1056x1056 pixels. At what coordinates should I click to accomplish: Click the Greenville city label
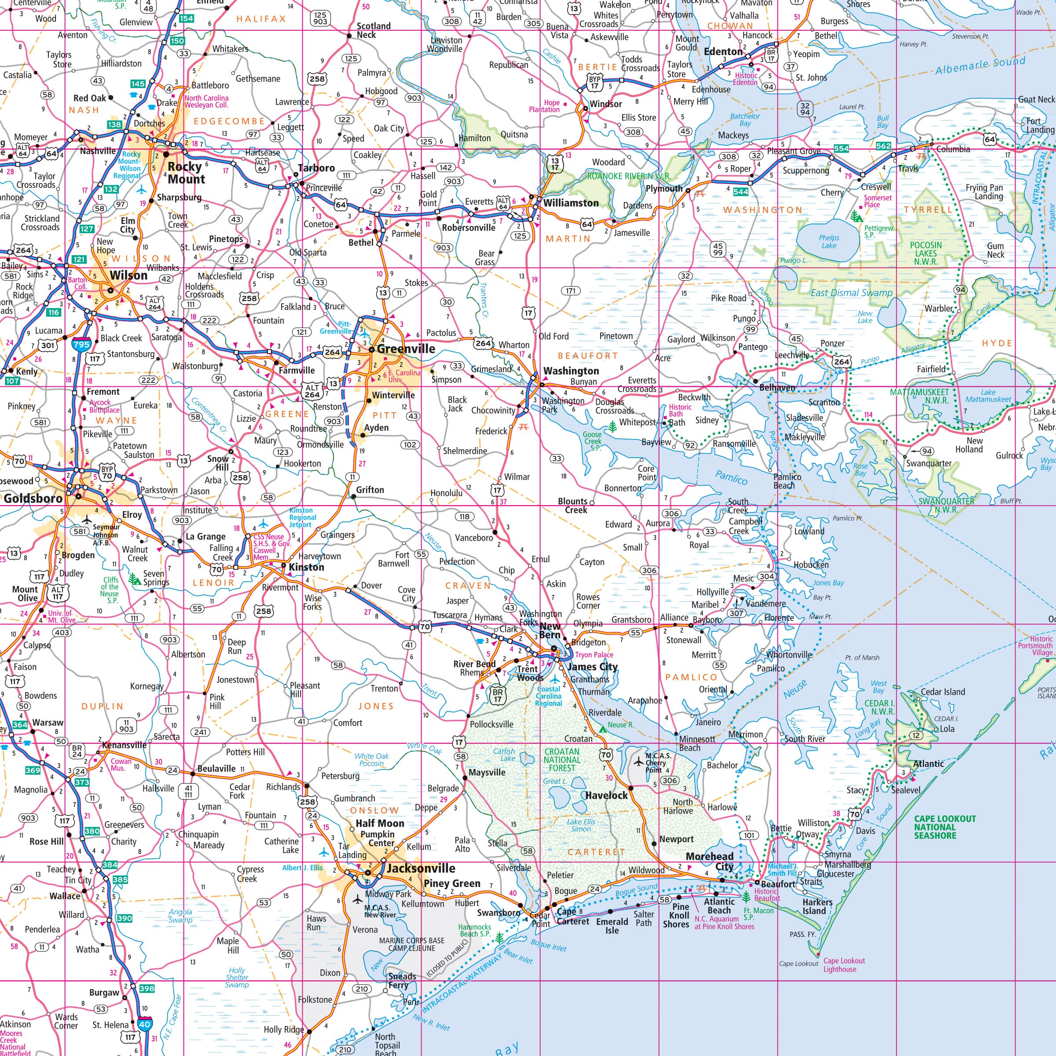pos(406,349)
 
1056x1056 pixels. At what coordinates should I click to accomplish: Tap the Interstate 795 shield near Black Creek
pos(81,345)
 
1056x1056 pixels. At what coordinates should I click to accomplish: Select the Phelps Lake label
pos(829,241)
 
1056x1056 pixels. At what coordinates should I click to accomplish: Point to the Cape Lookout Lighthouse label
pos(844,965)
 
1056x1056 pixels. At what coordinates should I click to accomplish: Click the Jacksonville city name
pos(421,868)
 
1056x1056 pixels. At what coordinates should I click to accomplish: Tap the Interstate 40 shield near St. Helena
pos(144,1024)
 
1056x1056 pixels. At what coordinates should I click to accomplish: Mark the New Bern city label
pos(550,630)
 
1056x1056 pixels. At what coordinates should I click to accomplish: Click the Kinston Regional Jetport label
pos(303,517)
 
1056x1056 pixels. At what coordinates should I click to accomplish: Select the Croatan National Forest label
pos(562,760)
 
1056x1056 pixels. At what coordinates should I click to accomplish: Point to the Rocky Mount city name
pos(185,173)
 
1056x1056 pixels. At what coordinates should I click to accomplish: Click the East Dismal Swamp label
pos(851,293)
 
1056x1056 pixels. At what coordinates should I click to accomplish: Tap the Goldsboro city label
pos(33,498)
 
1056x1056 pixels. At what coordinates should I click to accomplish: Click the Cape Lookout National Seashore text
pos(945,827)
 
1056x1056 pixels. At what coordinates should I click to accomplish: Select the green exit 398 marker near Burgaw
pos(147,988)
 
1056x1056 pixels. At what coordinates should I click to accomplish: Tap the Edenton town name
pos(723,51)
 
